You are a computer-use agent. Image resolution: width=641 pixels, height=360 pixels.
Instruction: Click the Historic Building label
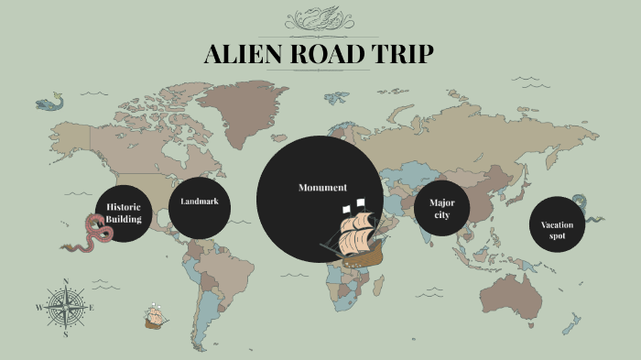pyautogui.click(x=123, y=213)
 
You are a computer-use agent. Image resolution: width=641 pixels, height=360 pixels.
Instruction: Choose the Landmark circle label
pyautogui.click(x=199, y=201)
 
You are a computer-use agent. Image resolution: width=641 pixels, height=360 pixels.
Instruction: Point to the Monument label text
pyautogui.click(x=322, y=188)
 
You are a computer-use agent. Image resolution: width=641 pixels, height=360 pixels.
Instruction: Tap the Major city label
pyautogui.click(x=442, y=208)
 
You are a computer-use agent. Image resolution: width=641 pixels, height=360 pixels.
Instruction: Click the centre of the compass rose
pyautogui.click(x=65, y=308)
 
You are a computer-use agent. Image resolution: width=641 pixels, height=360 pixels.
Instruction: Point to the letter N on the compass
pyautogui.click(x=65, y=282)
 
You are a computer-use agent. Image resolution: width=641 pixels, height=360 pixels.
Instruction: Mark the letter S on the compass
pyautogui.click(x=65, y=335)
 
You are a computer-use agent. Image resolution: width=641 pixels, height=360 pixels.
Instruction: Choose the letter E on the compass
pyautogui.click(x=92, y=308)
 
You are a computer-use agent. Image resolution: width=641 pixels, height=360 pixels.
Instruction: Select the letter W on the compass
pyautogui.click(x=38, y=308)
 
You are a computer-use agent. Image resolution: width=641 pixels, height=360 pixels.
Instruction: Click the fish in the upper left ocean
pyautogui.click(x=49, y=104)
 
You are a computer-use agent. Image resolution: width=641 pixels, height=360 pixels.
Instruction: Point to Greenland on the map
pyautogui.click(x=240, y=100)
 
